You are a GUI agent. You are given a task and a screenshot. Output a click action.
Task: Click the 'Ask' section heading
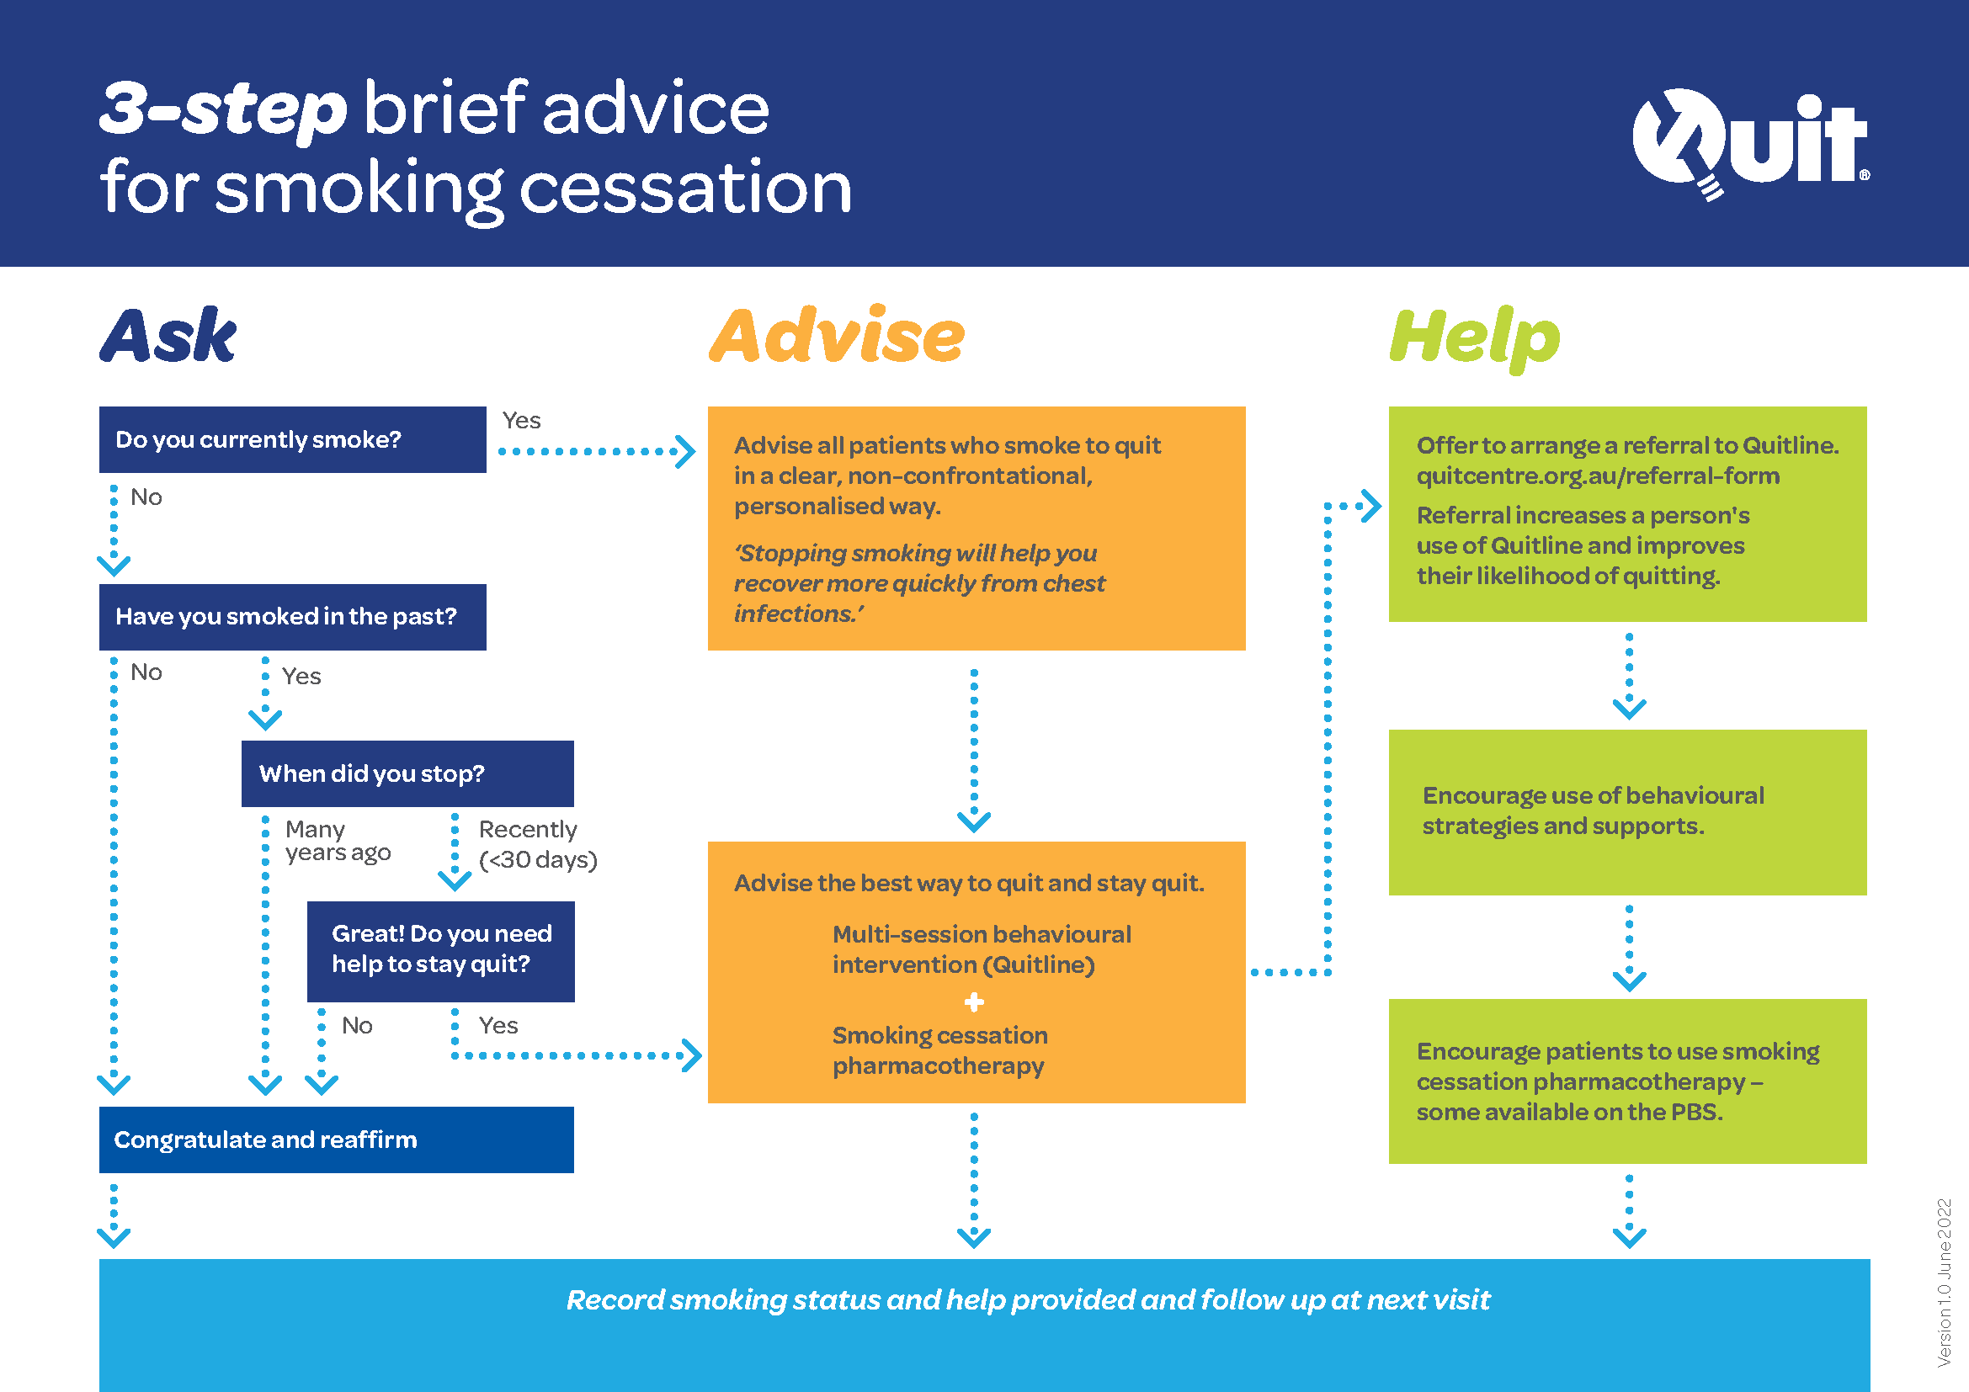pos(168,336)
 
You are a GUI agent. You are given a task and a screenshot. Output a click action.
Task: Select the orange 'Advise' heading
pos(836,336)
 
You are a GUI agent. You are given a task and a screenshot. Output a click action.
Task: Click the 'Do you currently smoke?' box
pos(291,439)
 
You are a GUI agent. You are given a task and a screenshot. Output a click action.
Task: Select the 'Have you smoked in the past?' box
pos(291,617)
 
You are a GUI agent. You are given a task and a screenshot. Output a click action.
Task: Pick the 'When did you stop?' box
pos(407,774)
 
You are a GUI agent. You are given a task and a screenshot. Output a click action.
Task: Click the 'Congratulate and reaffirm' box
pos(335,1140)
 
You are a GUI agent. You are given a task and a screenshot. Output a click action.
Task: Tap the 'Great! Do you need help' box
pos(441,950)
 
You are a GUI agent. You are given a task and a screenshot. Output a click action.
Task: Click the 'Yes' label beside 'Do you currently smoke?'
pos(521,421)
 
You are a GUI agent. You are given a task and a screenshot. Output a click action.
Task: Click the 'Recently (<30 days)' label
pos(537,844)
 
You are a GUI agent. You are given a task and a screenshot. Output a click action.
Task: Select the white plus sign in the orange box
pos(973,1001)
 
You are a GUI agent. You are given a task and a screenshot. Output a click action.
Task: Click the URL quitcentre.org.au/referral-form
pos(1597,476)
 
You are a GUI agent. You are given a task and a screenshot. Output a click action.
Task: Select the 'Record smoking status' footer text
pos(1027,1300)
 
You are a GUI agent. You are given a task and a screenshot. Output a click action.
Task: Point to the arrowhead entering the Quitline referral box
pos(1372,506)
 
